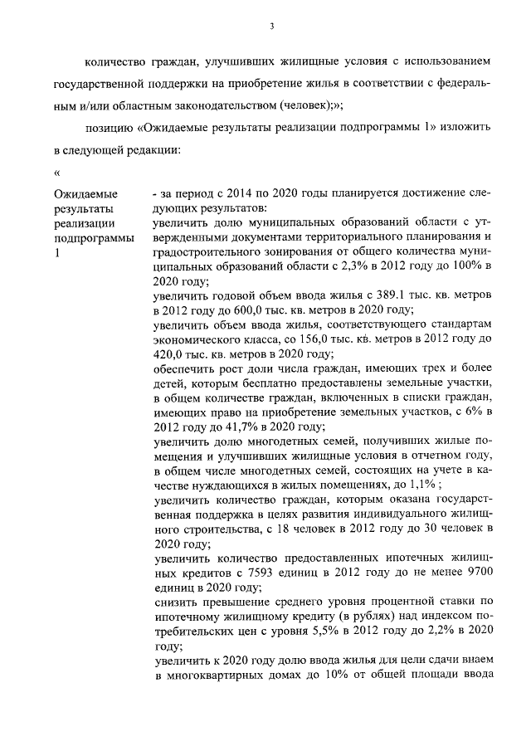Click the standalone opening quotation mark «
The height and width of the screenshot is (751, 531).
pyautogui.click(x=56, y=173)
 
